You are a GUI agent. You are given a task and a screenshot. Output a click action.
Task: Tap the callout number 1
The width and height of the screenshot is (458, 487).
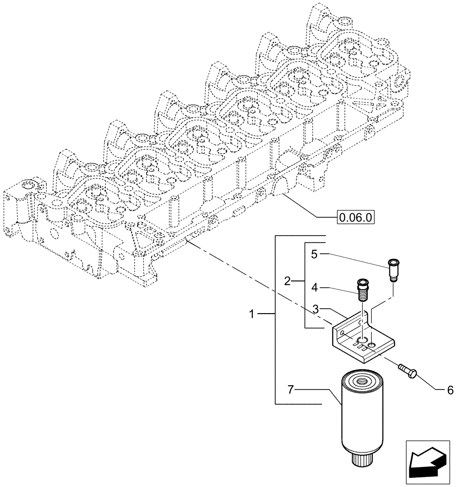click(252, 315)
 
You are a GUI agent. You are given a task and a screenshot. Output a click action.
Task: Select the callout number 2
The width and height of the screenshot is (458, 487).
click(287, 281)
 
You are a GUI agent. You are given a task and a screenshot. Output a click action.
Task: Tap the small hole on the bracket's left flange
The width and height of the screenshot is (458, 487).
click(343, 333)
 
